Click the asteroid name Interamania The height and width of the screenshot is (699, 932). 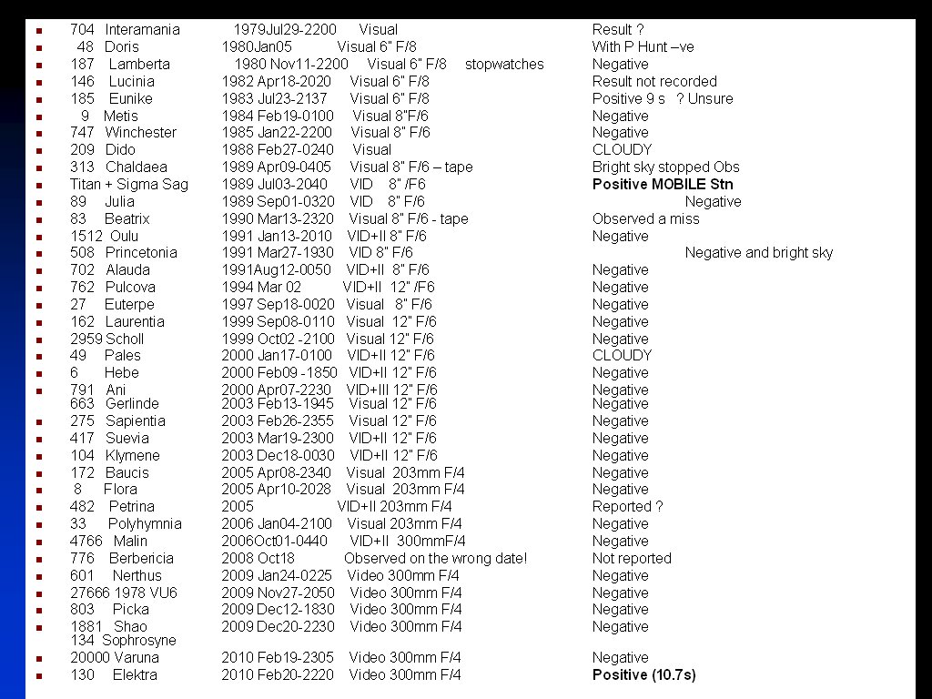(144, 30)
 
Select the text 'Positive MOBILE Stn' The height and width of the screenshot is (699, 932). (663, 185)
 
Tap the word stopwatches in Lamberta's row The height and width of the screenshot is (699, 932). (504, 65)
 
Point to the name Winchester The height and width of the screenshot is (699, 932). (141, 133)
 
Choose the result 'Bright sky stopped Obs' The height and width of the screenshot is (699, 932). (665, 167)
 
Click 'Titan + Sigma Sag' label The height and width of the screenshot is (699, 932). (129, 185)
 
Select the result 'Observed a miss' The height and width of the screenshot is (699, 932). (645, 219)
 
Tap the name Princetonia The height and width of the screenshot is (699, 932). (141, 253)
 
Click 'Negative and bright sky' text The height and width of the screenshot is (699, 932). (758, 253)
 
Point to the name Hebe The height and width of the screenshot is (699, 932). (122, 373)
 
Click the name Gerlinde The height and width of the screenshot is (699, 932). (132, 404)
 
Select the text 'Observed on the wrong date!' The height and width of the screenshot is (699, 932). (435, 559)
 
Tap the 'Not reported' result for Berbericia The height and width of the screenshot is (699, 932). (632, 559)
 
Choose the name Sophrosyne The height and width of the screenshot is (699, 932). (139, 641)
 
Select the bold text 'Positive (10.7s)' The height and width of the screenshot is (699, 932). (643, 675)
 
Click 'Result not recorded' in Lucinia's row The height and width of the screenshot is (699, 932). (654, 82)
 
